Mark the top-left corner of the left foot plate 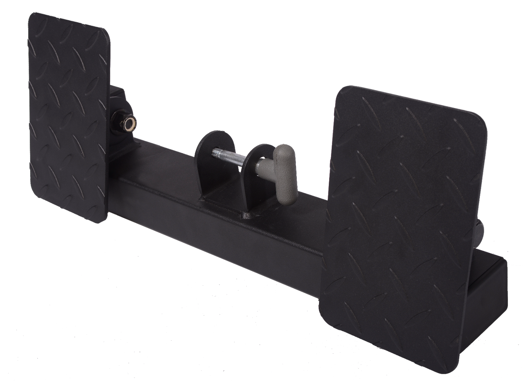point(31,15)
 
